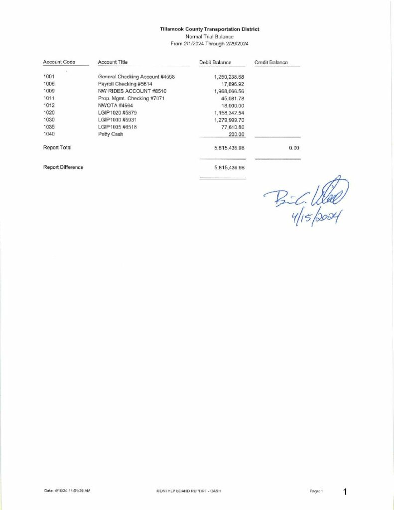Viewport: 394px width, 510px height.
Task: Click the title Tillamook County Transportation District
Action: (x=209, y=29)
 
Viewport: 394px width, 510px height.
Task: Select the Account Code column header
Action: (x=59, y=62)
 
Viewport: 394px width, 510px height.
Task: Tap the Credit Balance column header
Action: (x=270, y=62)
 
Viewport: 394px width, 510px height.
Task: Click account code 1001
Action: (x=49, y=77)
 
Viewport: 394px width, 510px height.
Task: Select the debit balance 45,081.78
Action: (x=233, y=99)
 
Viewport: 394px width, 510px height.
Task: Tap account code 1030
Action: (x=49, y=120)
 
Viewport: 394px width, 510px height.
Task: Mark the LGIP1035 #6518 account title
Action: (x=117, y=127)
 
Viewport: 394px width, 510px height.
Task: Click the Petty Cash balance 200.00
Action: (x=237, y=134)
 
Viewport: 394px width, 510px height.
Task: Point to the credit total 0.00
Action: (x=293, y=148)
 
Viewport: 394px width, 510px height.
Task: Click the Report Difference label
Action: (x=63, y=167)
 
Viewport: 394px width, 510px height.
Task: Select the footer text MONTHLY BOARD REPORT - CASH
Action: (x=188, y=491)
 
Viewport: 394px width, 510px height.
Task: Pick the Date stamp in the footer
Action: (x=67, y=491)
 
